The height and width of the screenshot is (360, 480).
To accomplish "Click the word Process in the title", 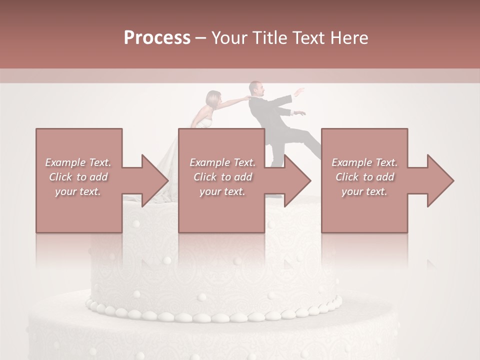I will [157, 38].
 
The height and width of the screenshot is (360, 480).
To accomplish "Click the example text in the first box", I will [78, 177].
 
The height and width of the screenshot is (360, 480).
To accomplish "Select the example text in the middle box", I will [222, 177].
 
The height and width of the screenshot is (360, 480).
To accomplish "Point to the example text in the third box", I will [364, 177].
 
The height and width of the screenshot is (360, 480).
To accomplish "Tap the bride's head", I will [214, 99].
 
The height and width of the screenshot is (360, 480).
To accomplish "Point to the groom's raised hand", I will [299, 91].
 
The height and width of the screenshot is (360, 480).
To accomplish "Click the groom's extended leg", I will [306, 140].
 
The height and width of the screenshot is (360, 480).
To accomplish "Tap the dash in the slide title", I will [201, 38].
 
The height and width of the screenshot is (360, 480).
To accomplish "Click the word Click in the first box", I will [61, 177].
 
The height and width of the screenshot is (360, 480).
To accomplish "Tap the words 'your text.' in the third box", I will [364, 191].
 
